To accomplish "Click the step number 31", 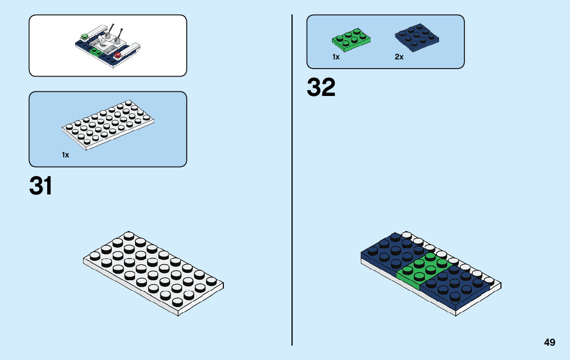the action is [x=41, y=186].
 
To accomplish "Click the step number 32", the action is [x=321, y=88].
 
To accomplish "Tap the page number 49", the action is [x=549, y=343].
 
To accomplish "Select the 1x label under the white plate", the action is [x=65, y=155].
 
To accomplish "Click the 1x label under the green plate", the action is [x=336, y=57].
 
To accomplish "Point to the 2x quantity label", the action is [x=399, y=57].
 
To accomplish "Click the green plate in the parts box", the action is [x=351, y=42].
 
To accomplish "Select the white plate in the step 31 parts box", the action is [x=108, y=126].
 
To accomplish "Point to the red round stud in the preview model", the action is [x=118, y=54].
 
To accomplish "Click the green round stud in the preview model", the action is [x=84, y=36].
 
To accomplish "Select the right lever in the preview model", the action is [x=121, y=37].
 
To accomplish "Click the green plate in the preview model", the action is [x=95, y=51].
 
